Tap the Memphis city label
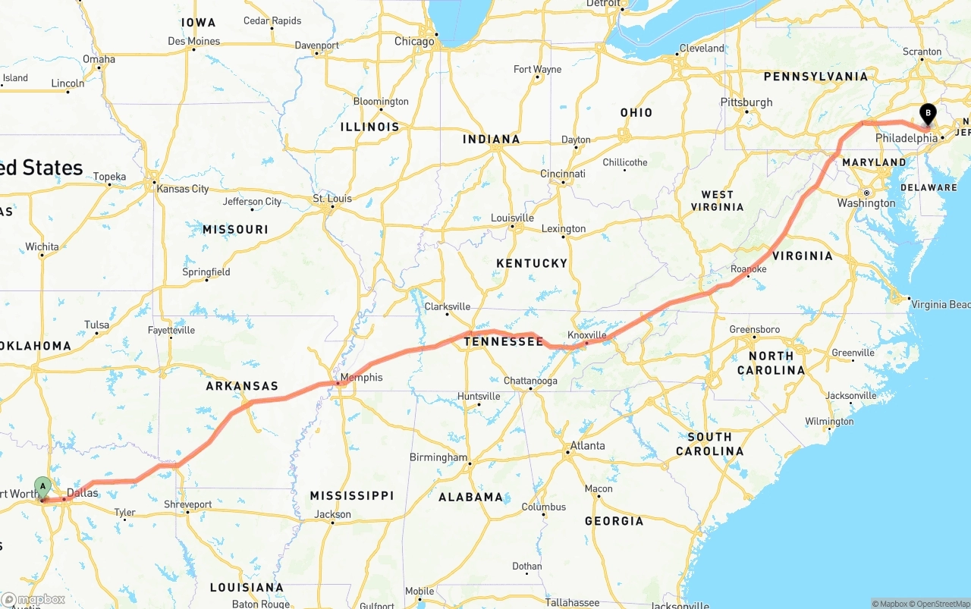click(362, 378)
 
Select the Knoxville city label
click(587, 334)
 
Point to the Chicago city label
click(414, 42)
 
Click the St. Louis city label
click(332, 199)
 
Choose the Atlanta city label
click(588, 445)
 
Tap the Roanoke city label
click(748, 269)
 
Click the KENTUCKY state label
click(532, 263)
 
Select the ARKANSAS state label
click(242, 386)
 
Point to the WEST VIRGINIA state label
click(717, 201)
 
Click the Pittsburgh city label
click(746, 102)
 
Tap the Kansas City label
click(183, 188)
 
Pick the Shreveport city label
click(188, 504)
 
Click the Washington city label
click(866, 203)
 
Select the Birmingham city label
click(438, 457)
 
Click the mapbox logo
click(33, 599)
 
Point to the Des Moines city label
click(194, 41)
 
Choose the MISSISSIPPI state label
click(351, 496)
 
